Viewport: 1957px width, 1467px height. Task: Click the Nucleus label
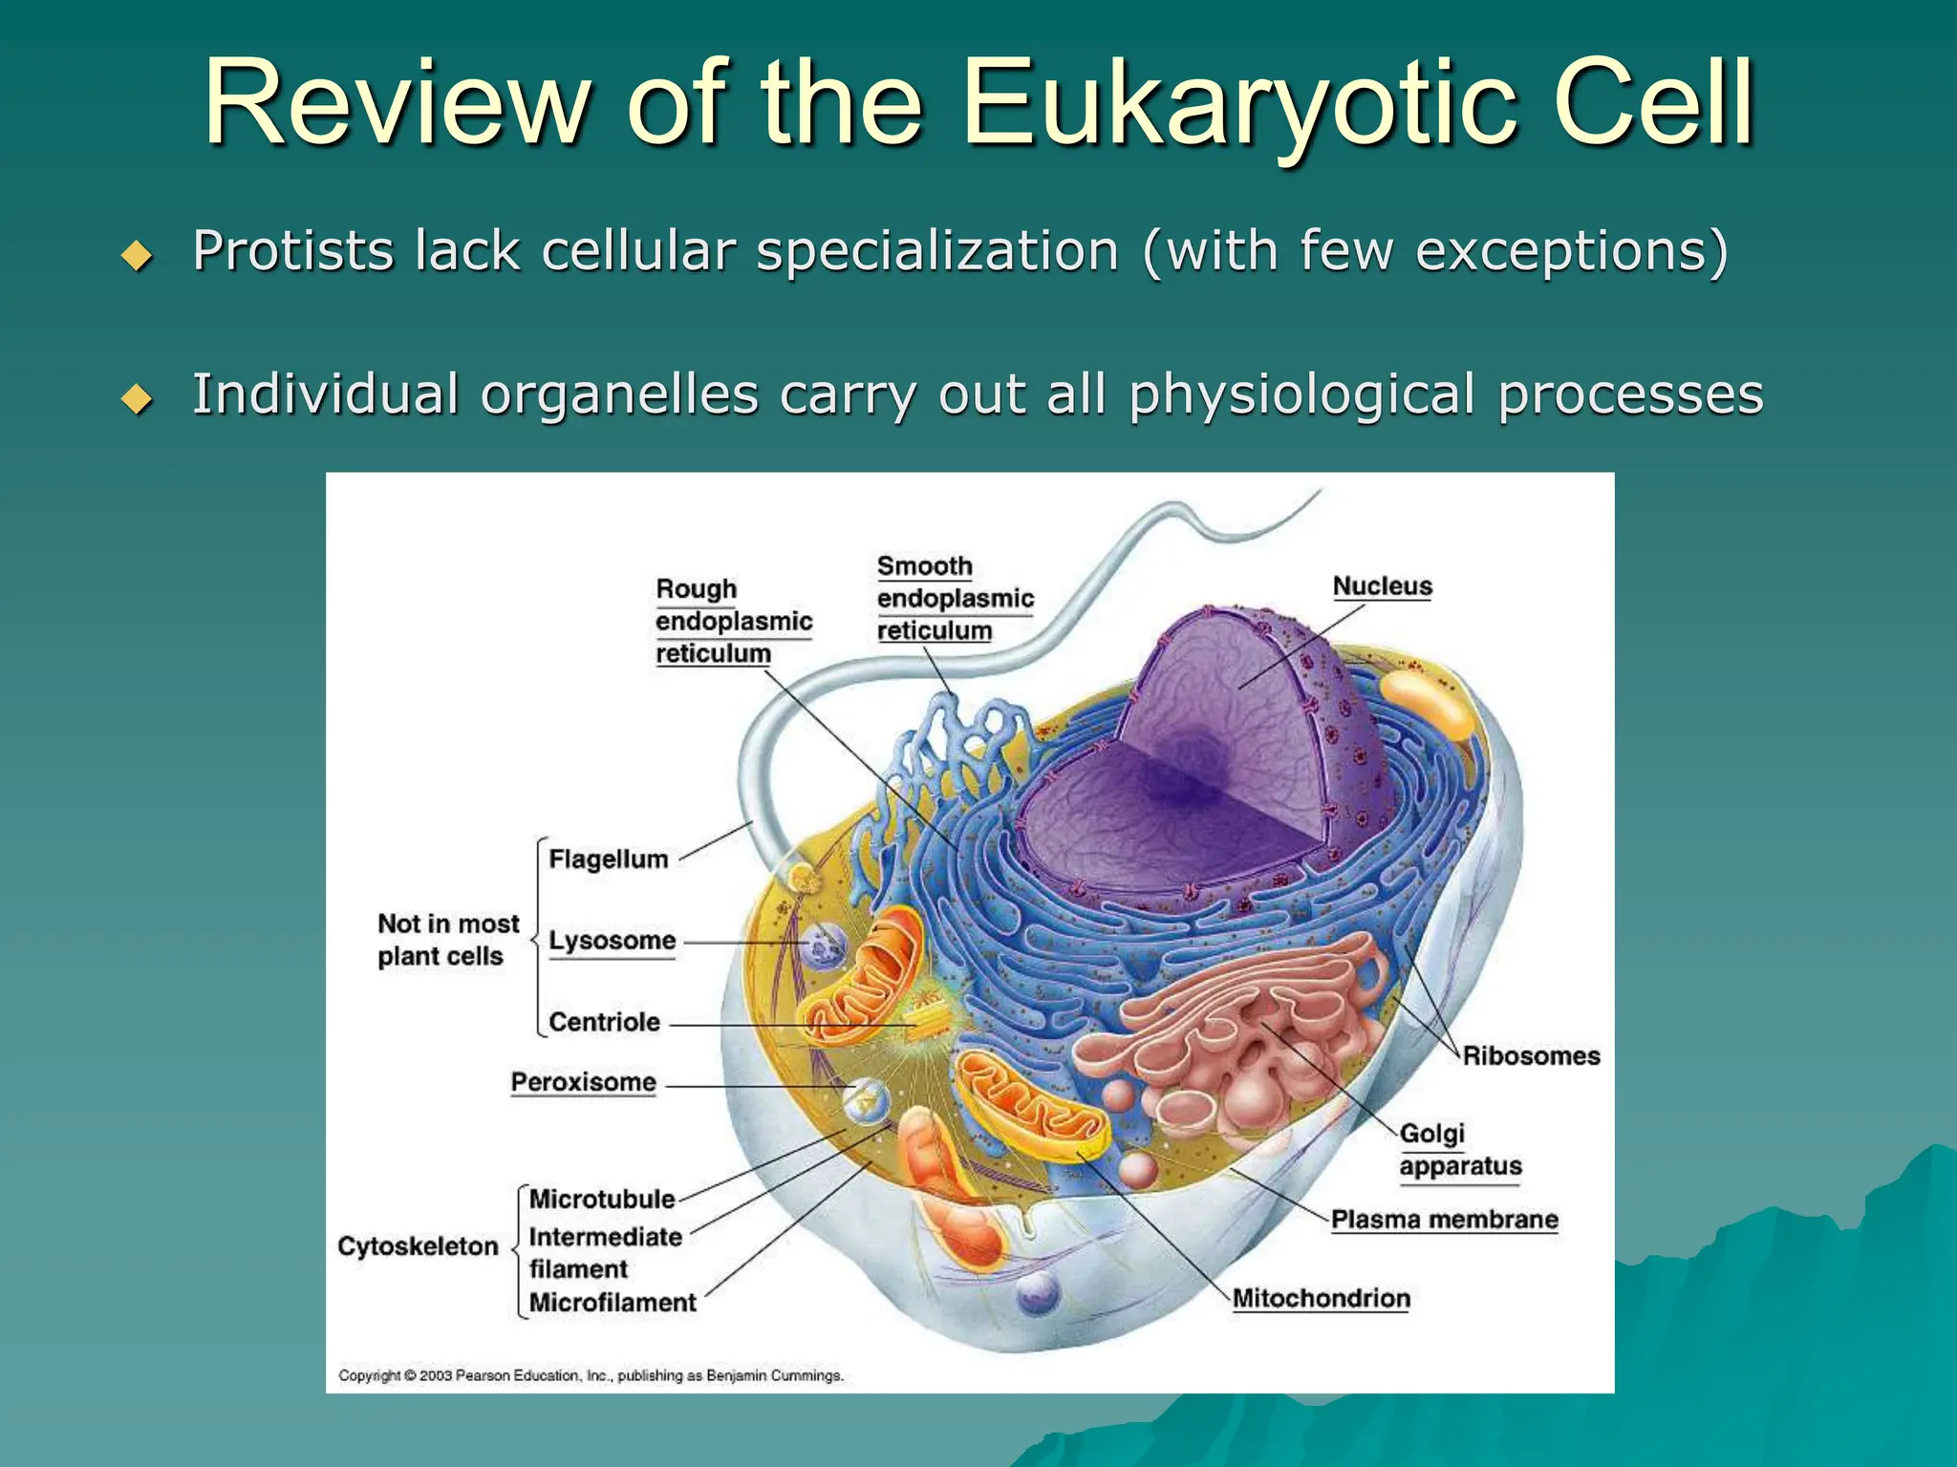[1382, 586]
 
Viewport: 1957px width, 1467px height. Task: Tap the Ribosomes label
[1531, 1055]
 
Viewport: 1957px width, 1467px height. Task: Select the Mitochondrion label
[1321, 1298]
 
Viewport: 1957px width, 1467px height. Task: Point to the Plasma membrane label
[1444, 1220]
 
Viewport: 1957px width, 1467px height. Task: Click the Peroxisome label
[583, 1082]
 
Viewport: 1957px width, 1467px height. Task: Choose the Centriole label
[604, 1022]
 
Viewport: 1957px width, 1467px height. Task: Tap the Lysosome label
[612, 941]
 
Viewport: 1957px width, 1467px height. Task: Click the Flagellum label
[608, 860]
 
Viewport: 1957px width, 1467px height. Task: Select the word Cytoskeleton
[418, 1246]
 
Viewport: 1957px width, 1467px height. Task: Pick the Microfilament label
[613, 1303]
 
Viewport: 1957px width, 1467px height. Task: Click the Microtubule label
[602, 1199]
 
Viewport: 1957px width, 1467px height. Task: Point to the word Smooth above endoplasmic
[924, 566]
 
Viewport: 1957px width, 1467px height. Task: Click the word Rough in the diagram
[696, 588]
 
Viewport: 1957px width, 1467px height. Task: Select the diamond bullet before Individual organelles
[138, 398]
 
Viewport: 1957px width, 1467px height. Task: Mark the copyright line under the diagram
[591, 1375]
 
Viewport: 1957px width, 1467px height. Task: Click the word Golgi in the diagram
[1431, 1134]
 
